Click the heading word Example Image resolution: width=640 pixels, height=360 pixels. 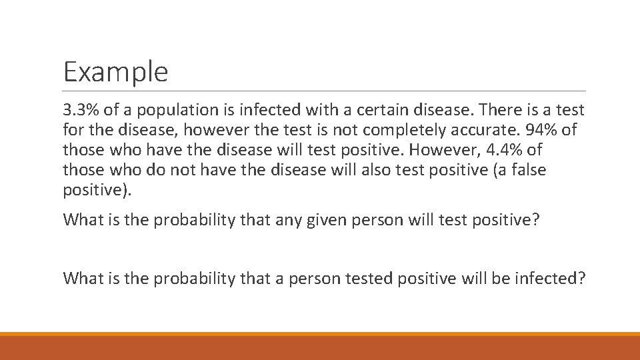click(115, 72)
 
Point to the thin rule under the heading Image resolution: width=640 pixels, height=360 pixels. click(324, 91)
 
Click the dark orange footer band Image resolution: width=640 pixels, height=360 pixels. click(320, 348)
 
